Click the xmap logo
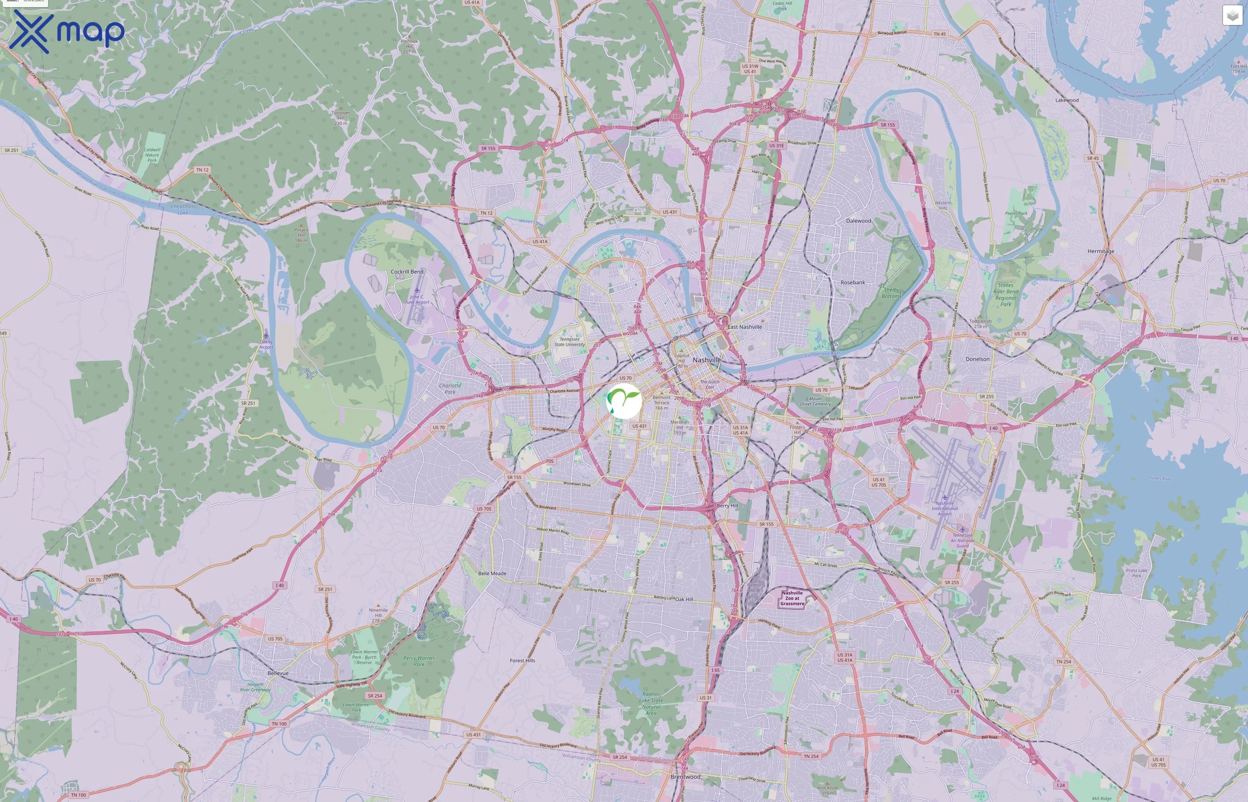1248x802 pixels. pos(67,31)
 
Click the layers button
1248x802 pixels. pos(1232,16)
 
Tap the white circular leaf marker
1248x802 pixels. pos(624,401)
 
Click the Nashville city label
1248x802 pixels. pos(707,360)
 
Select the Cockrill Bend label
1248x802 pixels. pos(407,272)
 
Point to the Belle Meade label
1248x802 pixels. pos(492,573)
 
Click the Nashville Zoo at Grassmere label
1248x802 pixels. pos(792,598)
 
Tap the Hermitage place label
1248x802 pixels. pos(1100,251)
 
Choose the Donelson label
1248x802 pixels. pos(977,359)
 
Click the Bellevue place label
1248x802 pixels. pos(278,673)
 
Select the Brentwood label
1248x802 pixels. pos(685,777)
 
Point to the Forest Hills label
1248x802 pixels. pos(522,660)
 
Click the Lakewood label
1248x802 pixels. pos(1067,100)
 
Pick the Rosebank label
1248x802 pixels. pos(853,282)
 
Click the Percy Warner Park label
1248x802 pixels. pos(419,661)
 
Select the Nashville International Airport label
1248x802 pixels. pos(945,508)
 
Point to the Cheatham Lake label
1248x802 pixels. pos(183,209)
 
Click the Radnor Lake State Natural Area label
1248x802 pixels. pos(651,703)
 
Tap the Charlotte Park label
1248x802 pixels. pos(450,389)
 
